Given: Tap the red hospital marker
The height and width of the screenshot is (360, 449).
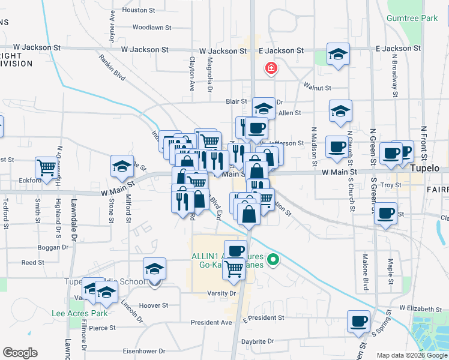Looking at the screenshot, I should tap(271, 68).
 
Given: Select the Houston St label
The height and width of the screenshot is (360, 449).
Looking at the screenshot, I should tap(138, 10).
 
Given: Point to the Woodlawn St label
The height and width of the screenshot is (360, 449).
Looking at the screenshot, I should tap(152, 28).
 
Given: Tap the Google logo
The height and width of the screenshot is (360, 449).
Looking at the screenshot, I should tap(20, 353).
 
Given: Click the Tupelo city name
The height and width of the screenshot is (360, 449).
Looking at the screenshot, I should tap(425, 169).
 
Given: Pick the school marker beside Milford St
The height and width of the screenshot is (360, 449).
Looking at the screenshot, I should tap(122, 166).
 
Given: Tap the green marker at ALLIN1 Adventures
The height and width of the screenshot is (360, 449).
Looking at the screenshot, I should tap(273, 260).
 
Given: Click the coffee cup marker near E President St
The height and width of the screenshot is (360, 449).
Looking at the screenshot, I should tap(359, 320).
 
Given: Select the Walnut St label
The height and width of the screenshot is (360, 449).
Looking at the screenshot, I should tap(318, 88).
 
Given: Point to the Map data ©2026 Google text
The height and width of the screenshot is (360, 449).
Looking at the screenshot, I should tap(411, 355).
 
